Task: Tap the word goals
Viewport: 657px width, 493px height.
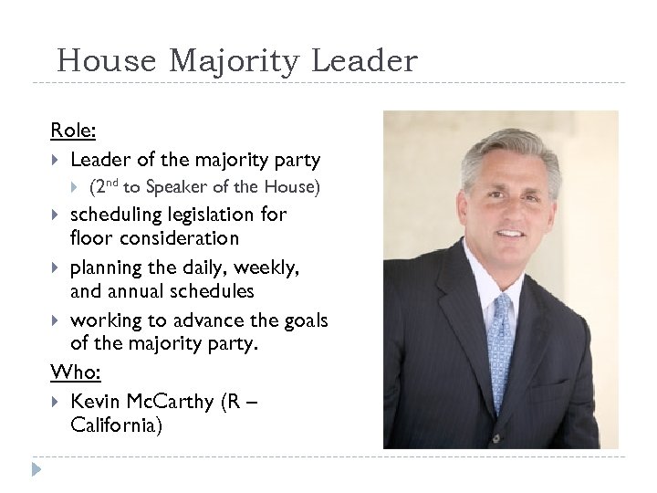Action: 305,320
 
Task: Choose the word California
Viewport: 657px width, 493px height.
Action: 116,425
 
